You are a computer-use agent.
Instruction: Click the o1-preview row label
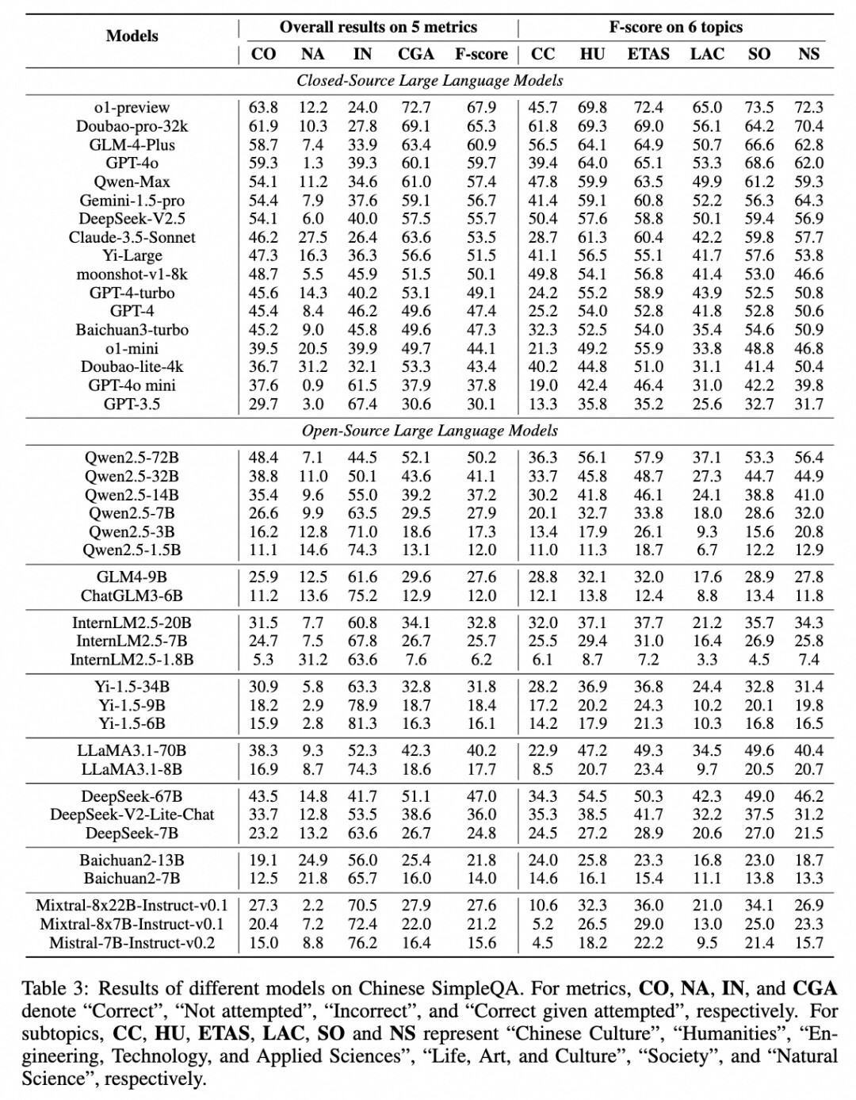[x=132, y=107]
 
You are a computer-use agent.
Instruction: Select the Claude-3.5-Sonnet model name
[x=132, y=237]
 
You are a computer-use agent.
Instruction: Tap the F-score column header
[x=481, y=54]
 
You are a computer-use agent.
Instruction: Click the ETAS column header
[x=648, y=54]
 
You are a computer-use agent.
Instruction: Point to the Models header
[x=132, y=36]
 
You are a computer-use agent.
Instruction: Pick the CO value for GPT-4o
[x=263, y=163]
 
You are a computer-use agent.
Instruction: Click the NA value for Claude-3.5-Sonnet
[x=313, y=237]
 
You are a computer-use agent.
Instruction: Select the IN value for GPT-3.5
[x=362, y=404]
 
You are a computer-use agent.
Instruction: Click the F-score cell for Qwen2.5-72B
[x=481, y=458]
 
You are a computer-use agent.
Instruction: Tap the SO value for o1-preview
[x=759, y=107]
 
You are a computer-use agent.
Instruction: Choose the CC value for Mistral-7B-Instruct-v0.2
[x=543, y=943]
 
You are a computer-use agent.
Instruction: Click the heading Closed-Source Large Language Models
[x=430, y=80]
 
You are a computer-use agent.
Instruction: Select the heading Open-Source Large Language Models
[x=430, y=431]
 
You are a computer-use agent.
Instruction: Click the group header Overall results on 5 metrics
[x=378, y=27]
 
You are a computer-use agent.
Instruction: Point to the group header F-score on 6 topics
[x=675, y=27]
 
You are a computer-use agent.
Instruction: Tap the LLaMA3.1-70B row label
[x=132, y=750]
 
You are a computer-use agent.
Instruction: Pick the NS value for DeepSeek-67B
[x=809, y=796]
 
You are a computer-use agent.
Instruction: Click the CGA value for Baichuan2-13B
[x=416, y=860]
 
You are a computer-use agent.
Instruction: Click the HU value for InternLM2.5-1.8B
[x=592, y=660]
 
